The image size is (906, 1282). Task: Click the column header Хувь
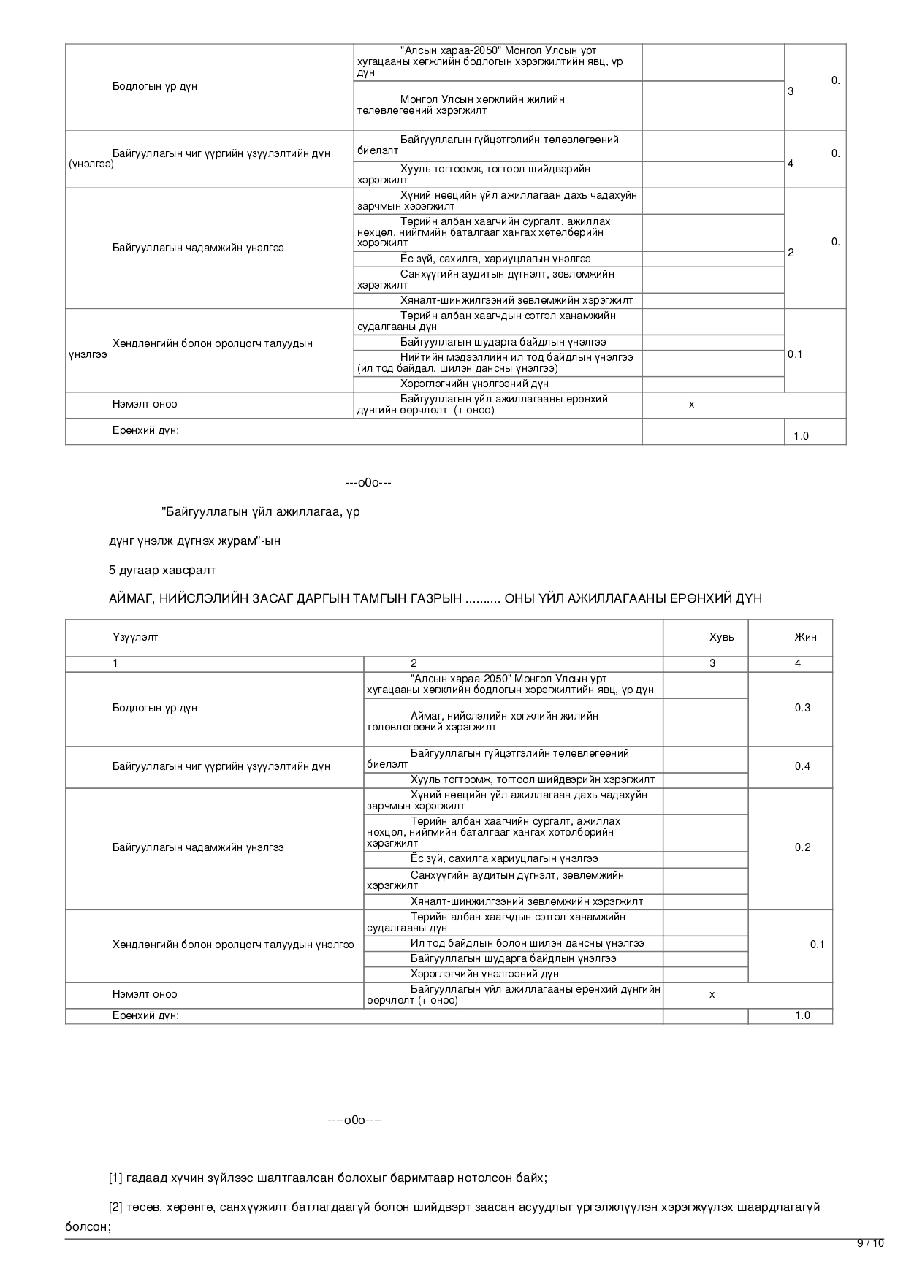click(721, 637)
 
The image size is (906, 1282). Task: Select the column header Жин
click(805, 637)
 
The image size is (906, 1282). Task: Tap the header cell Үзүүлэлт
click(135, 637)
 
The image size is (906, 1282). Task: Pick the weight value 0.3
click(802, 708)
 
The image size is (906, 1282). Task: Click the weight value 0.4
click(802, 766)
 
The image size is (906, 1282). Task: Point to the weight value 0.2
click(802, 847)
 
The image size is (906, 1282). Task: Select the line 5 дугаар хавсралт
click(162, 570)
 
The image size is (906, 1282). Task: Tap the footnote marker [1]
click(115, 1178)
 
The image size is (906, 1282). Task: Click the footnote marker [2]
click(115, 1207)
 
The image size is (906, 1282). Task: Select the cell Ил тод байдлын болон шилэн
click(527, 943)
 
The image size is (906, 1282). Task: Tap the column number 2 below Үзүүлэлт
click(414, 663)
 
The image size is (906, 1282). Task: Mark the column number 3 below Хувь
click(712, 663)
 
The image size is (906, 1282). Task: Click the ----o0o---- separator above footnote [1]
click(354, 1121)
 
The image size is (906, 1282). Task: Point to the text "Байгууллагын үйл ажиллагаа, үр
click(261, 512)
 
